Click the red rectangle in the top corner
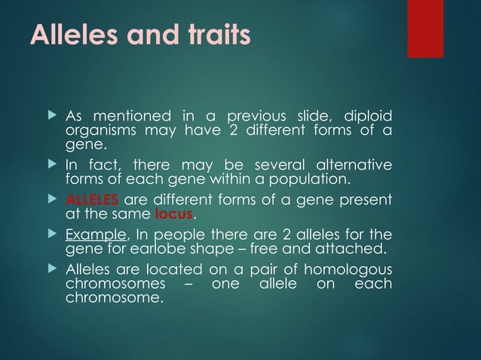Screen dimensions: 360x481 (x=425, y=29)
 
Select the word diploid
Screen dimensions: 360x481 (x=367, y=117)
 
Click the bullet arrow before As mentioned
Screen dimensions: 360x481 (x=52, y=116)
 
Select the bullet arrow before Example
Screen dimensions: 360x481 (x=52, y=234)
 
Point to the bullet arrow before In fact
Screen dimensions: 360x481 (x=52, y=164)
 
